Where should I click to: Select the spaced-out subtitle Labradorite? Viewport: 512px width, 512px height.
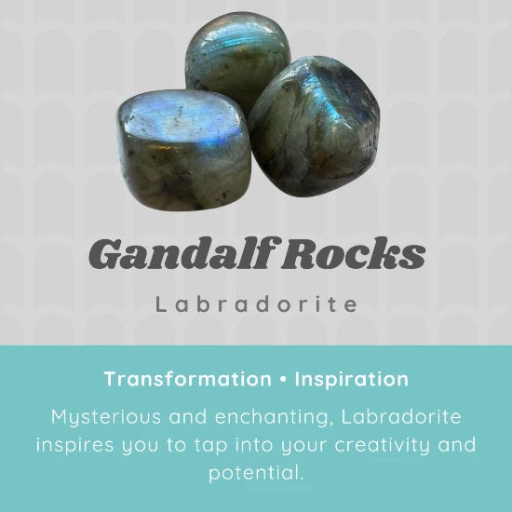(256, 304)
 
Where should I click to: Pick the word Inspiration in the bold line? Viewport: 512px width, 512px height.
(352, 380)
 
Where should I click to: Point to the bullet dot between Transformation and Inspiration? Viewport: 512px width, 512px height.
(284, 380)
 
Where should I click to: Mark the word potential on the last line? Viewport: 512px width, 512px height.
(256, 474)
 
